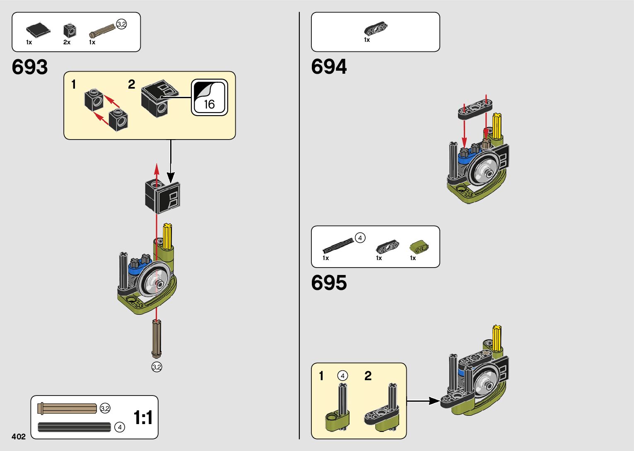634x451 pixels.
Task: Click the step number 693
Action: click(x=30, y=67)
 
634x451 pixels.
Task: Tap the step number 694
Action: click(x=329, y=67)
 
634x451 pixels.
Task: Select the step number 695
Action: click(x=329, y=283)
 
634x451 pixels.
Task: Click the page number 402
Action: click(x=19, y=437)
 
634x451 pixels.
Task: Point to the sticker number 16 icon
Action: click(x=209, y=97)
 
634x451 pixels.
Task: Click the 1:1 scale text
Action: click(x=143, y=417)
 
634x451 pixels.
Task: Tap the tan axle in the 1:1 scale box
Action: click(x=67, y=408)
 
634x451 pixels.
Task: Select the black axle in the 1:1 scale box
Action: click(x=75, y=427)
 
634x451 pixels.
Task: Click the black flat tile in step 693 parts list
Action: click(x=38, y=30)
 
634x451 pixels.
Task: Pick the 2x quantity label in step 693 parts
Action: click(x=67, y=42)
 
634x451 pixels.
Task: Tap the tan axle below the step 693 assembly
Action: click(x=157, y=338)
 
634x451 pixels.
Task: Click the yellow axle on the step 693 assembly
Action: click(x=168, y=236)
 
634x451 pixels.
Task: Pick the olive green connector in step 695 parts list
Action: click(x=419, y=247)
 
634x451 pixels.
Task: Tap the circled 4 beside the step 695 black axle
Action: click(x=360, y=238)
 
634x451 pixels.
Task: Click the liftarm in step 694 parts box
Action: click(x=376, y=29)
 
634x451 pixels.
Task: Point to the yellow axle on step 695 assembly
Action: click(x=497, y=338)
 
